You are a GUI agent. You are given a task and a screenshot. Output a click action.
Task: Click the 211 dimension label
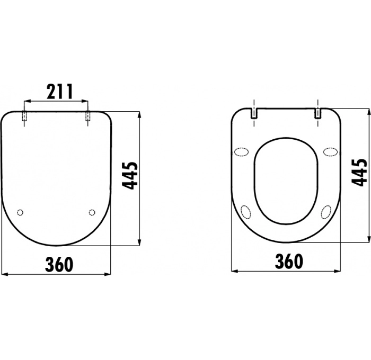click(59, 91)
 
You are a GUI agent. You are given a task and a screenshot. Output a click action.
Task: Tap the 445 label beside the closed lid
click(131, 176)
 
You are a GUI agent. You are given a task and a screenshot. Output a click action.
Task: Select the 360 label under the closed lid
click(59, 264)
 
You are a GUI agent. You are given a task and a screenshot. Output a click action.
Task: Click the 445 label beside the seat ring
click(359, 172)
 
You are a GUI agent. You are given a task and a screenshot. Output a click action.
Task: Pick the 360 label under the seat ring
click(289, 261)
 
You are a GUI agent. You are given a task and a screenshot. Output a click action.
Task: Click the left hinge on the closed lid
click(24, 116)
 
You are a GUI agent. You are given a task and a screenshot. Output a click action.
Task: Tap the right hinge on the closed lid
click(88, 116)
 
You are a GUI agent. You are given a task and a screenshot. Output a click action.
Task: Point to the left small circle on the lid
click(20, 212)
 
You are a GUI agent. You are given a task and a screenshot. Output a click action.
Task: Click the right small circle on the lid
click(92, 212)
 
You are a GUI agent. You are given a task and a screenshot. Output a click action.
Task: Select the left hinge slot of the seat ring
click(254, 113)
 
